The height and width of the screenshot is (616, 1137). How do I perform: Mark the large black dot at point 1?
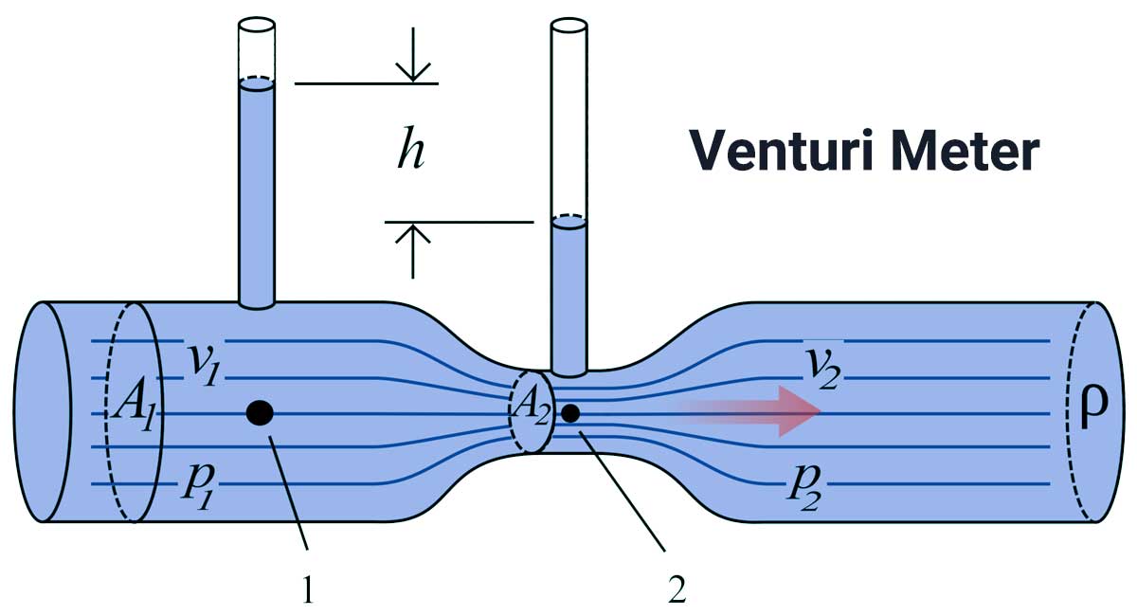tap(260, 412)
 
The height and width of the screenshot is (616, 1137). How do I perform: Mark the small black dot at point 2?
tap(569, 413)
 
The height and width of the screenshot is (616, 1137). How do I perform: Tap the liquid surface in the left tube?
tap(256, 85)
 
